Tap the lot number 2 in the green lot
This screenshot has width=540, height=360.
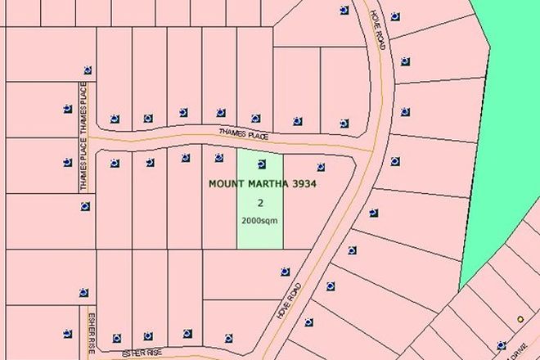(x=260, y=203)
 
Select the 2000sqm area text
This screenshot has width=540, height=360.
(x=260, y=220)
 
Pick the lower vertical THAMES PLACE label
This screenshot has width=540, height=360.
(x=83, y=169)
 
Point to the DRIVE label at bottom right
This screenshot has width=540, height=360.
(x=519, y=348)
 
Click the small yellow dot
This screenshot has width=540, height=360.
(x=519, y=319)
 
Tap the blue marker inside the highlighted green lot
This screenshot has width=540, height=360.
(x=261, y=161)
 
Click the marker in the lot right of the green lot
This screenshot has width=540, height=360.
(x=320, y=167)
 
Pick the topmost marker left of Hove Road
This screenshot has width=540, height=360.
(x=342, y=10)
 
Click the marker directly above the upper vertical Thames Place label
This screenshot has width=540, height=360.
(x=87, y=70)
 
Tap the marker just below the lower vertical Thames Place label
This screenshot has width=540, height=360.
(x=85, y=206)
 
